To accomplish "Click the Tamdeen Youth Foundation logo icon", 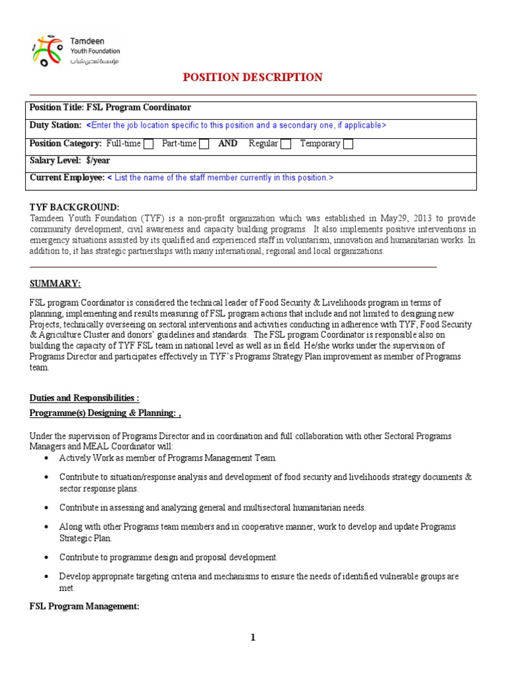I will coord(49,51).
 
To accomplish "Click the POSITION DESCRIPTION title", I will coord(252,78).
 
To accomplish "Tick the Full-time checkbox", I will coord(149,144).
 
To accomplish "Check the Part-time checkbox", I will coord(204,144).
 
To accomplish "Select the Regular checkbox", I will coord(285,144).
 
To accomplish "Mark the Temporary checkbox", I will coord(348,144).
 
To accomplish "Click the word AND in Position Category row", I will coord(228,143).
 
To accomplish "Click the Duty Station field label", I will coord(56,125).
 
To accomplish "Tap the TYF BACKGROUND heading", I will coord(74,207).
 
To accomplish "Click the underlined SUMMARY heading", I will coord(55,284).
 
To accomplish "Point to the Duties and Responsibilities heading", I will coord(84,398).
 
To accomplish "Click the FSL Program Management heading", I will coord(84,607).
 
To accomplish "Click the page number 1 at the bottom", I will coord(252,638).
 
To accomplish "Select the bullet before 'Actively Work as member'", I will coord(45,458).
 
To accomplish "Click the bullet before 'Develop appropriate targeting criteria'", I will coord(45,577).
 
